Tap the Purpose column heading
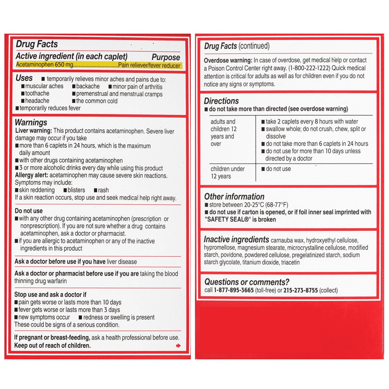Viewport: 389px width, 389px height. coord(166,57)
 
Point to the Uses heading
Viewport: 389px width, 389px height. coord(24,79)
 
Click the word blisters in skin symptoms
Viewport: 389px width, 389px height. coord(78,191)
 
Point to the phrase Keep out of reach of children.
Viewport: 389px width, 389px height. coord(52,345)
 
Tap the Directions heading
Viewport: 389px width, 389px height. coord(221,101)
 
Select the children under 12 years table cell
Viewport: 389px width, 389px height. coord(228,172)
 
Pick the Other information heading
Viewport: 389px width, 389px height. coord(234,197)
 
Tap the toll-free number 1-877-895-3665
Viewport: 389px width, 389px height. coord(234,291)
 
